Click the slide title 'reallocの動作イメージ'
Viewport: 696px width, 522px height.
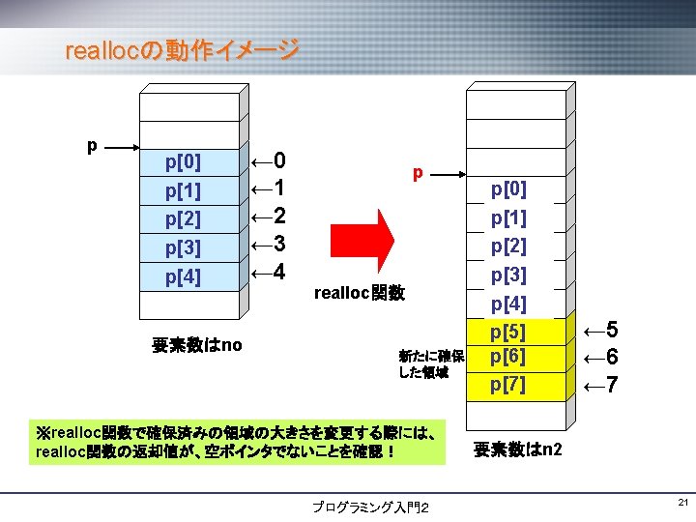click(x=181, y=50)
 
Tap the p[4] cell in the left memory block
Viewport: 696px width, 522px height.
click(x=184, y=277)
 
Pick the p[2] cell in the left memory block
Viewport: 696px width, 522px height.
click(x=184, y=219)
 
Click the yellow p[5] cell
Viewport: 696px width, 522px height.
click(x=508, y=333)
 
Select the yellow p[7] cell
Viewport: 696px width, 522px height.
click(x=508, y=385)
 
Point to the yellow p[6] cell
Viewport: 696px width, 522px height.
click(x=508, y=358)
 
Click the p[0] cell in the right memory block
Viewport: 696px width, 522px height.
click(x=508, y=189)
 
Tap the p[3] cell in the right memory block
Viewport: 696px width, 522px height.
click(x=508, y=275)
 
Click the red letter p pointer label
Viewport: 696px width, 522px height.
click(x=418, y=173)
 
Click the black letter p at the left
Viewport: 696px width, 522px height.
click(x=92, y=146)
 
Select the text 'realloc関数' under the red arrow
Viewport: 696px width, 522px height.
click(x=360, y=292)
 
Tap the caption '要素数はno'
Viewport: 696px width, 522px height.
click(x=197, y=344)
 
